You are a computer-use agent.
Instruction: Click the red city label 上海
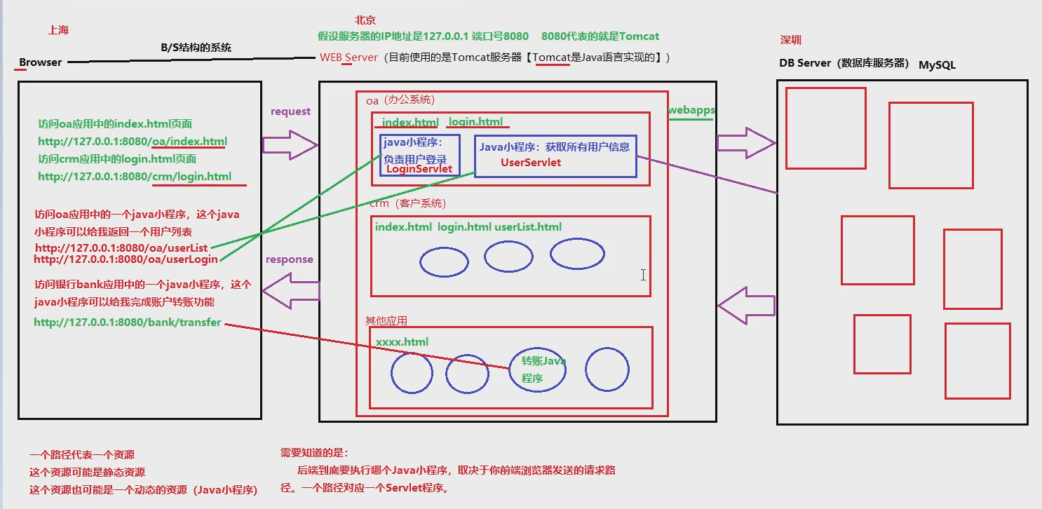[x=58, y=30]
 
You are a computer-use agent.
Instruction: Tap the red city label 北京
[x=365, y=20]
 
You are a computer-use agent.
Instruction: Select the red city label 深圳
[x=790, y=40]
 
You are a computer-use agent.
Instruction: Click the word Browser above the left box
[x=40, y=62]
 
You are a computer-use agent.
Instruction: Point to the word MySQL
[x=937, y=65]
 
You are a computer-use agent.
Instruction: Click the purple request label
[x=290, y=111]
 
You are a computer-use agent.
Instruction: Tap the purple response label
[x=289, y=259]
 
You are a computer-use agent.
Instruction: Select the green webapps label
[x=691, y=110]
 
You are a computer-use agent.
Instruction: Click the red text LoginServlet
[x=419, y=169]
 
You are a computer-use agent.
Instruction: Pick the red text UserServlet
[x=530, y=163]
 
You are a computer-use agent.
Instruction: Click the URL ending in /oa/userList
[x=121, y=248]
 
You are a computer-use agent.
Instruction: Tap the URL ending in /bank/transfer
[x=128, y=323]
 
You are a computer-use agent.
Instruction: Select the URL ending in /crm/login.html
[x=135, y=177]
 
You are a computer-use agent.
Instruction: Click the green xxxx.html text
[x=402, y=342]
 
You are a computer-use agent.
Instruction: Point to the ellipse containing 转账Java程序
[x=537, y=369]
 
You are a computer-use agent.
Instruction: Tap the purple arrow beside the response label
[x=290, y=292]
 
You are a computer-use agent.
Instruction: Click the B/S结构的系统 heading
[x=196, y=48]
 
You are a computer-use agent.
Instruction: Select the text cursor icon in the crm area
[x=643, y=275]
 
